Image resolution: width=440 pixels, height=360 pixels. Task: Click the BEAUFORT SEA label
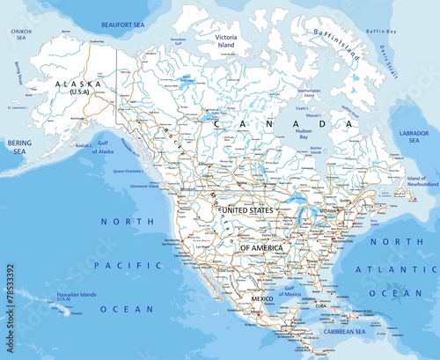point(121,26)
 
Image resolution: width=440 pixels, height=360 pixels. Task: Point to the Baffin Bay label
point(381,32)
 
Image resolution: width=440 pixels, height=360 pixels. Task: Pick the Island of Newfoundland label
point(421,181)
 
